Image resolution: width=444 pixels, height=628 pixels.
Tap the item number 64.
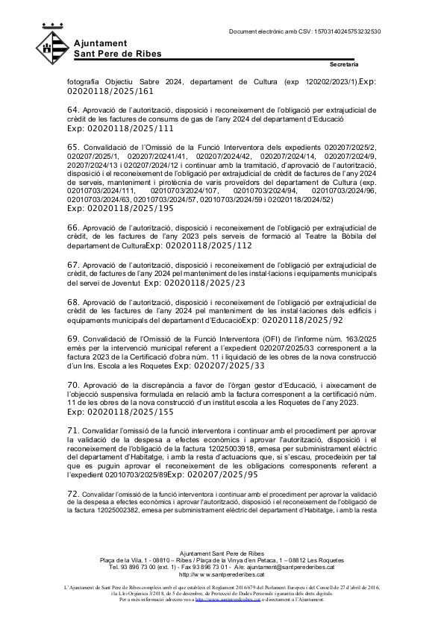tap(73, 110)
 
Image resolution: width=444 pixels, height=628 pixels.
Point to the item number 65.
tap(73, 146)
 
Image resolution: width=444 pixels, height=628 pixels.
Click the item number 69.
tap(73, 338)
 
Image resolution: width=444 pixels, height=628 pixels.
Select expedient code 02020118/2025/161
tap(110, 91)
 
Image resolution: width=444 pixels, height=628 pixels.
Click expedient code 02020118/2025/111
tap(119, 128)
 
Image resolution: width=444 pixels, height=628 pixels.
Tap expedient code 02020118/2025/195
tap(119, 208)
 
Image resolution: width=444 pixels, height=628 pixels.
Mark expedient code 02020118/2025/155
tap(119, 411)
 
